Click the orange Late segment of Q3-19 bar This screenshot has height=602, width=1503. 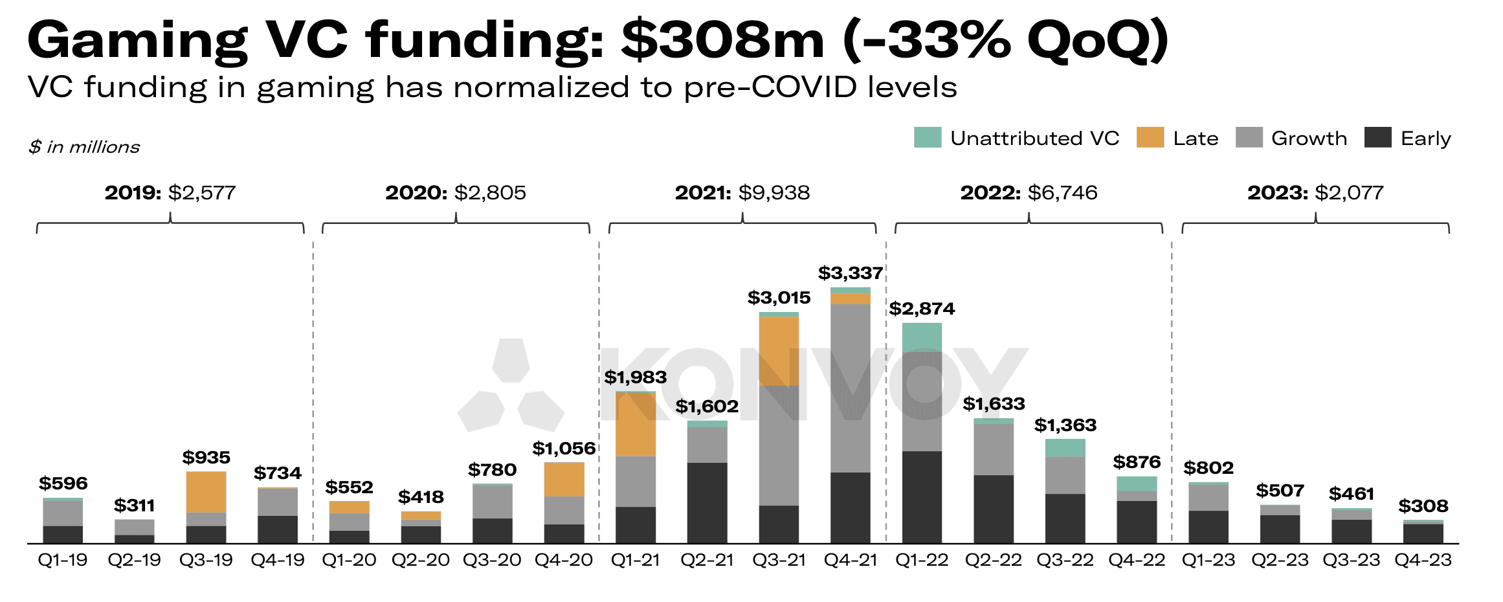coord(206,492)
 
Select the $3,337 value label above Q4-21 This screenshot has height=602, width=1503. coord(850,273)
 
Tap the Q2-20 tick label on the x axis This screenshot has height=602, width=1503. coord(420,560)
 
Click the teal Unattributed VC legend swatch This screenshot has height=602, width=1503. coord(927,138)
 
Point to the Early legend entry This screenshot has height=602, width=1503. coord(1407,139)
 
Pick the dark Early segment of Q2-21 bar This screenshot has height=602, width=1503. coord(707,502)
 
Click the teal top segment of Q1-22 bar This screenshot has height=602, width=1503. coord(922,337)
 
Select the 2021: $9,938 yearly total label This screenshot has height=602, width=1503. coord(742,193)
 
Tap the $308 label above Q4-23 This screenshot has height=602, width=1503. coord(1423,506)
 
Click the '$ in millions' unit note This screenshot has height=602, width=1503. coord(84,148)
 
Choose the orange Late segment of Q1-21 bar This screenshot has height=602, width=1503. coord(635,425)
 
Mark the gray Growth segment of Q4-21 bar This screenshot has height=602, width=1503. coord(850,388)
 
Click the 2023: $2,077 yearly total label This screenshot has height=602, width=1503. coord(1315,193)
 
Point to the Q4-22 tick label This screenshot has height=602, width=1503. coord(1136,560)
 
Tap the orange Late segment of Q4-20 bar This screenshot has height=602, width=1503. coord(564,480)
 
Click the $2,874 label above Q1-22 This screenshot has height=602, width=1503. coord(922,309)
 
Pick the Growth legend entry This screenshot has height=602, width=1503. coord(1291,139)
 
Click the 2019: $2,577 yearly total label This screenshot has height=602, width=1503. coord(170,193)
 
